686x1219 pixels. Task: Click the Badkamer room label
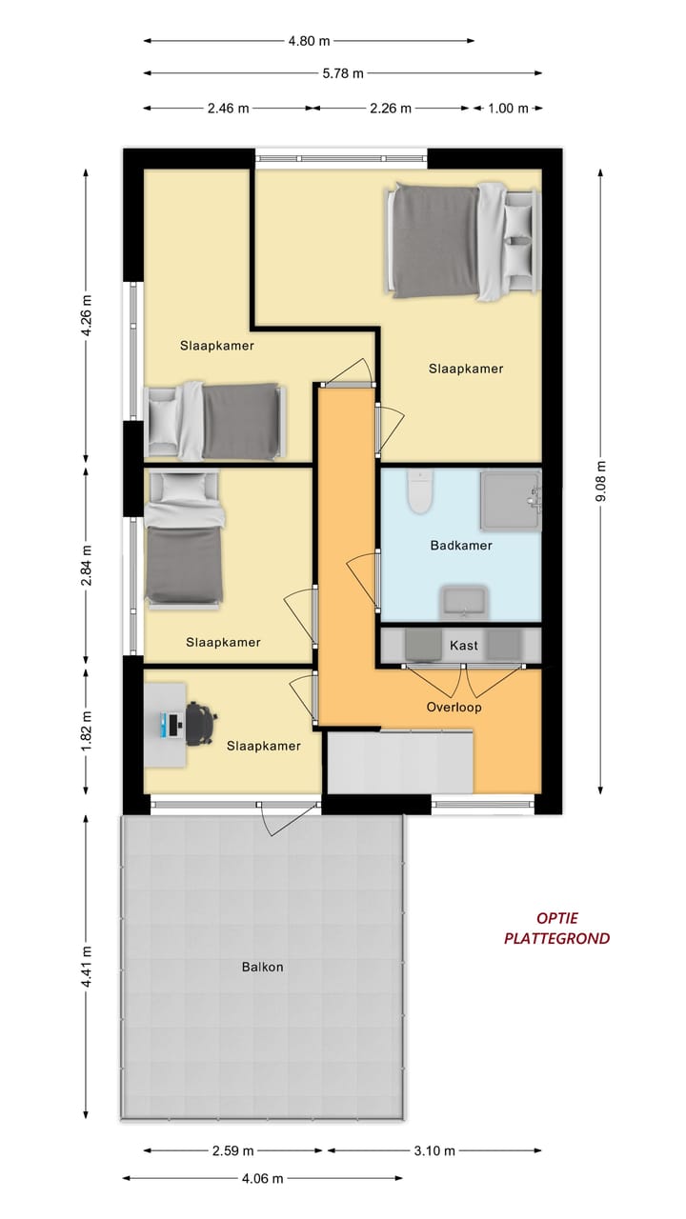coord(460,546)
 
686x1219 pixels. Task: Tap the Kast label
coord(463,646)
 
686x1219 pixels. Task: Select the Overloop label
coord(454,708)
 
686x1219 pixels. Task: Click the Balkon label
coord(262,967)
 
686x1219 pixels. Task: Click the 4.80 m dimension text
coord(310,41)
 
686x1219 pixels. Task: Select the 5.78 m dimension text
coord(343,73)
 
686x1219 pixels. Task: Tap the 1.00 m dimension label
coord(508,108)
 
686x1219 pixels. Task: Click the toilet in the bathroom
coord(418,490)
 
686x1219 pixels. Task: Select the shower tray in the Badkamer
coord(510,499)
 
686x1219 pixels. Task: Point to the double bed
coord(462,242)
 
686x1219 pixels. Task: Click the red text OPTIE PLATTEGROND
coord(557,929)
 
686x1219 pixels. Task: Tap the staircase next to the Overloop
coord(400,761)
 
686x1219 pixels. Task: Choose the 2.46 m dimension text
coord(229,108)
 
